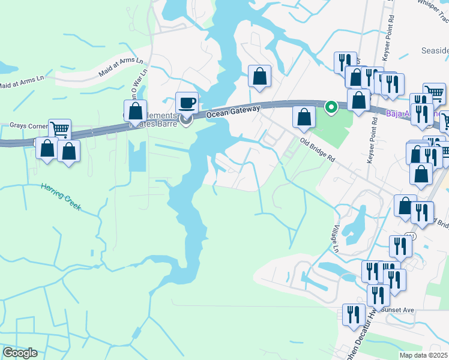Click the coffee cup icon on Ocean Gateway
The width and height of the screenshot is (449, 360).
187,102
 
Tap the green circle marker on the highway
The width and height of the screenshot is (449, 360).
330,107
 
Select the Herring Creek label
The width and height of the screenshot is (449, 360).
60,196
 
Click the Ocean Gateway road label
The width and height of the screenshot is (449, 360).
233,112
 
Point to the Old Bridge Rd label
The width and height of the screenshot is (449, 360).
317,148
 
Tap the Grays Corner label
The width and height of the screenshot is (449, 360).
28,126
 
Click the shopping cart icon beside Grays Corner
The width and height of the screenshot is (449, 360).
60,128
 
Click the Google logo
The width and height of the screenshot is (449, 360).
20,353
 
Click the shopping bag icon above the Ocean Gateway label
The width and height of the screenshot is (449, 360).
259,76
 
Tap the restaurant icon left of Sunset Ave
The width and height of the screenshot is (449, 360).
353,314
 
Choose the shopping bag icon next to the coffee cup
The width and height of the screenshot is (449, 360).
136,111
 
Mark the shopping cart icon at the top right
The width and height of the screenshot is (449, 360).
434,92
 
